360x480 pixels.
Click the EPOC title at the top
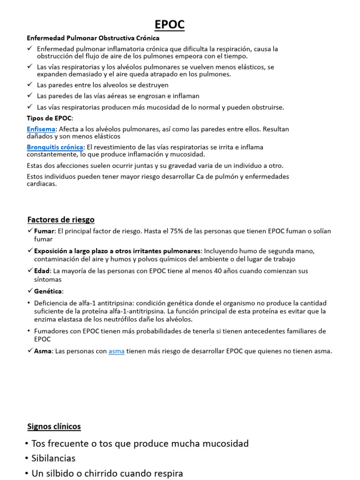pyautogui.click(x=170, y=25)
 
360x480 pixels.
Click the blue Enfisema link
pyautogui.click(x=41, y=129)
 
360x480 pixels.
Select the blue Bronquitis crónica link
pyautogui.click(x=54, y=147)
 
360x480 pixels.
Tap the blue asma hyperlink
pyautogui.click(x=116, y=351)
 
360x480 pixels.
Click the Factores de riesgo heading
pyautogui.click(x=61, y=219)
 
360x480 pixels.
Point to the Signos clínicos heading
pyautogui.click(x=54, y=427)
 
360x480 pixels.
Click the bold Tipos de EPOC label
pyautogui.click(x=49, y=118)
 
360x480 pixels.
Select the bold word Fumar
pyautogui.click(x=44, y=231)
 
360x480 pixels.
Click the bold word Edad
pyautogui.click(x=42, y=271)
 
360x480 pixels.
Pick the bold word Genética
pyautogui.click(x=48, y=291)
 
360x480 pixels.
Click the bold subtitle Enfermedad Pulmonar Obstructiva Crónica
pyautogui.click(x=93, y=38)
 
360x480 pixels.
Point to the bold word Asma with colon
pyautogui.click(x=44, y=351)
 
